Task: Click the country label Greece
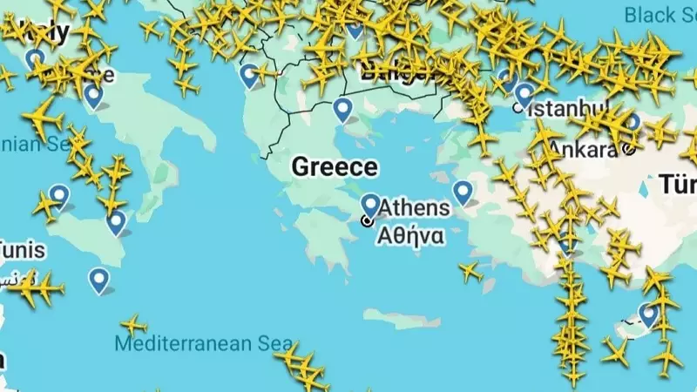[335, 166]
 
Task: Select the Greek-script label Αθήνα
[409, 234]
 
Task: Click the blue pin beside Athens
[370, 206]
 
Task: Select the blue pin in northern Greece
[343, 109]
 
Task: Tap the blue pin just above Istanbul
[524, 92]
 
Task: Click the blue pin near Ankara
[633, 122]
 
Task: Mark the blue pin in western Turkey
[463, 191]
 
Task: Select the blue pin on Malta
[99, 279]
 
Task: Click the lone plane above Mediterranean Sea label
[133, 326]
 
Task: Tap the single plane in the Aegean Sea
[470, 273]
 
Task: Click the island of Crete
[396, 318]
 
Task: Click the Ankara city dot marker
[629, 149]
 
